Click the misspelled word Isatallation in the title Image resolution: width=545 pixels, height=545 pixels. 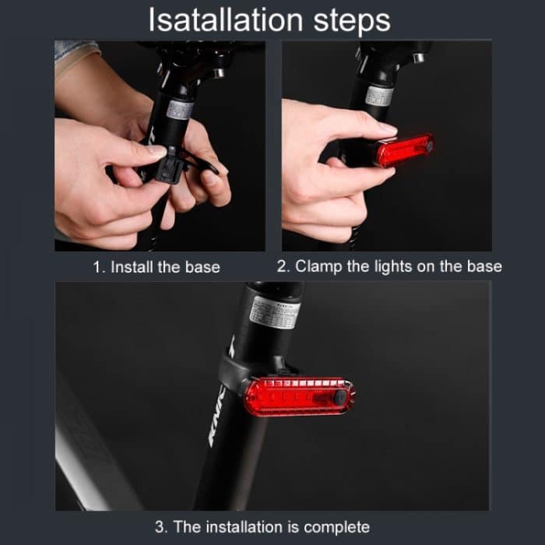tap(226, 20)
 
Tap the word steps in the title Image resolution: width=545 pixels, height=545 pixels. tap(352, 23)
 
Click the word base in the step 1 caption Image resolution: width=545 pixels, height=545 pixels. tap(202, 267)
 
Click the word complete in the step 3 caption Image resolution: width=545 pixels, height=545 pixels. tap(336, 527)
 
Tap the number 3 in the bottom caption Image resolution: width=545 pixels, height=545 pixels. tap(161, 527)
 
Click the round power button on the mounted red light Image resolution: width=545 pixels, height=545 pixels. tap(340, 397)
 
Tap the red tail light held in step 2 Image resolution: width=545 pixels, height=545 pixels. tap(404, 150)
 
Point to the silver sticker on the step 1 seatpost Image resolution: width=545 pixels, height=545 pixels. tap(179, 110)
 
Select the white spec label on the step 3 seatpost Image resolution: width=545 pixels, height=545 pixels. tap(274, 312)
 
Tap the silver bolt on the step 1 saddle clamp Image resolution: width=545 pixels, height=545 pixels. tap(218, 73)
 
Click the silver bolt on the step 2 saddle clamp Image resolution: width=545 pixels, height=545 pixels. tap(419, 58)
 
